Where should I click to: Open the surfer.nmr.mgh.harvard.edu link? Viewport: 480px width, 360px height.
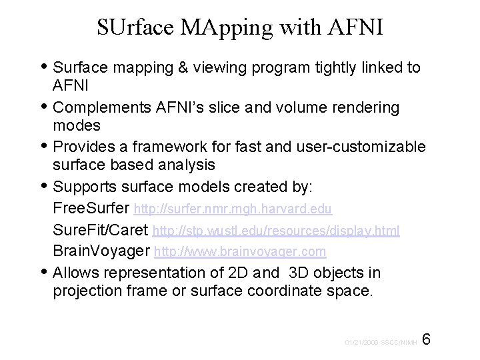coord(233,210)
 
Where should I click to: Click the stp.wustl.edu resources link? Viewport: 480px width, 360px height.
coord(276,231)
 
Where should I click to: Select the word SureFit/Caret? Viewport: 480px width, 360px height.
coord(101,231)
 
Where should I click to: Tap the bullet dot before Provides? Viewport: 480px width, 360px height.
coord(44,146)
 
